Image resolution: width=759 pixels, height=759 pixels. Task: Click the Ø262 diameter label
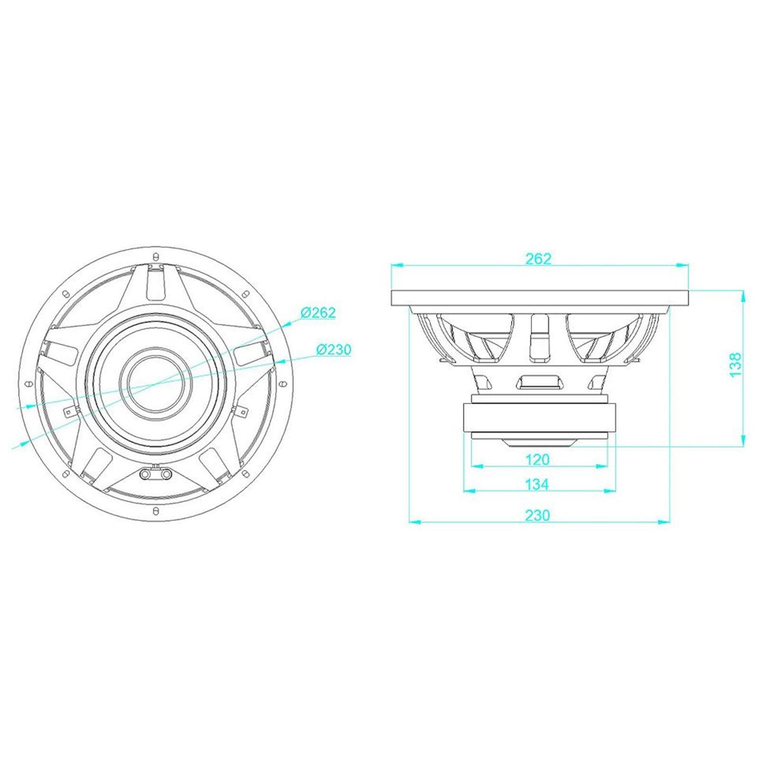pos(318,313)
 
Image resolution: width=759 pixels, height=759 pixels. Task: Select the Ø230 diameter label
pos(334,350)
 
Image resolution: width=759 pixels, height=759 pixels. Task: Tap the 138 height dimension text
pos(735,365)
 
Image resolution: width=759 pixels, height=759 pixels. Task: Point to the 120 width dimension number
pos(538,459)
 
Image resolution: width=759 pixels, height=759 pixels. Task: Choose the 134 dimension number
pos(537,484)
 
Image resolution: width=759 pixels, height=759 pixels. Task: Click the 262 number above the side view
pos(539,259)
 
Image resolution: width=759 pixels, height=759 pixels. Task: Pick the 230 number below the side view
pos(537,515)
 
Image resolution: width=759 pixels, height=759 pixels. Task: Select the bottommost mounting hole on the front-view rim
pos(156,510)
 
